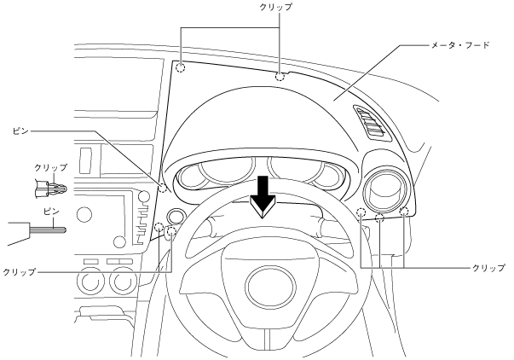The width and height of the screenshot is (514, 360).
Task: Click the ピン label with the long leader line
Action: click(21, 132)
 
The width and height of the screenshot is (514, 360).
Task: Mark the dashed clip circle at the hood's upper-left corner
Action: click(180, 67)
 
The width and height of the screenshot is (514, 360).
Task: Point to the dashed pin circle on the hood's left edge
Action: click(162, 187)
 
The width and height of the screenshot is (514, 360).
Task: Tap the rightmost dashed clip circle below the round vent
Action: click(404, 211)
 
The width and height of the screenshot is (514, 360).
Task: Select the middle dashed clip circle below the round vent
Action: click(380, 217)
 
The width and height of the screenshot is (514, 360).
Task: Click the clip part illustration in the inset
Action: click(48, 184)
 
